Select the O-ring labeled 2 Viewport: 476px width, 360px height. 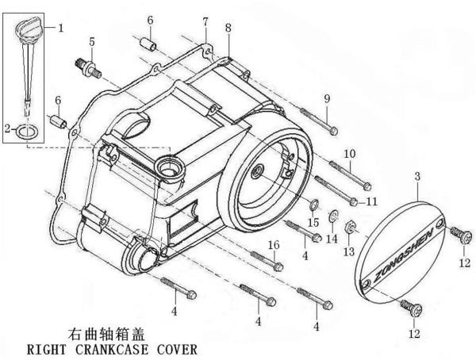pos(27,130)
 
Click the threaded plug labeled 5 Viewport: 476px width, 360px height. pos(89,66)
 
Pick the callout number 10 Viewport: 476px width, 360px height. pos(350,153)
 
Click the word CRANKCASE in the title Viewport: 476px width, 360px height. pos(106,348)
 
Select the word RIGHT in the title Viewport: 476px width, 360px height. pos(46,348)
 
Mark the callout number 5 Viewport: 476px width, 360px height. pos(92,41)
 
